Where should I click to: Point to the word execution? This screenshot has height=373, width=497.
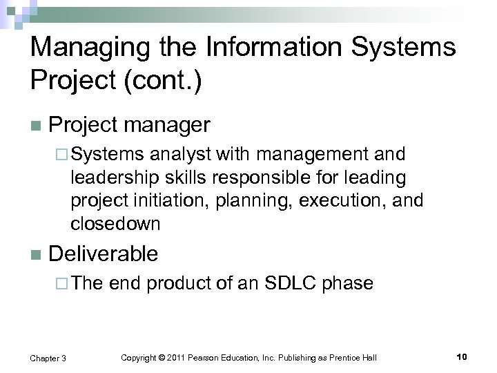(x=338, y=200)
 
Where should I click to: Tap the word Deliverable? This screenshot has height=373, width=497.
(x=104, y=254)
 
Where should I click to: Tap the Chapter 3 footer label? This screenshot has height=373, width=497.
(x=48, y=357)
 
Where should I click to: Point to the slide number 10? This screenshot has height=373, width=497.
(x=462, y=356)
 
